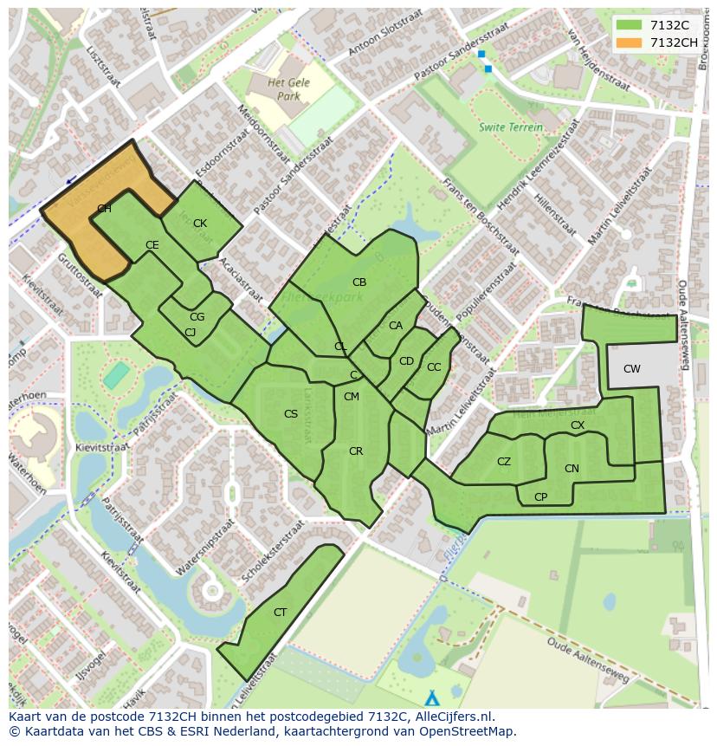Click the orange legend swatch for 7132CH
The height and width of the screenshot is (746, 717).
[x=630, y=42]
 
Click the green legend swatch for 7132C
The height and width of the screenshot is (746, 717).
[x=630, y=25]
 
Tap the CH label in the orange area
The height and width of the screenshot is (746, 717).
[x=104, y=209]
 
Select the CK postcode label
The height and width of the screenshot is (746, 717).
[x=200, y=224]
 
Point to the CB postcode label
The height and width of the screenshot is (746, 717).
[x=359, y=282]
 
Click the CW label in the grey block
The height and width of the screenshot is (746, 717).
[x=632, y=369]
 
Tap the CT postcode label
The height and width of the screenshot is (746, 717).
[x=280, y=613]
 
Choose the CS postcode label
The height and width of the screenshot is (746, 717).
[x=291, y=414]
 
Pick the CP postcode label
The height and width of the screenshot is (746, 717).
[x=540, y=497]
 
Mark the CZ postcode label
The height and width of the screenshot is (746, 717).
[x=504, y=462]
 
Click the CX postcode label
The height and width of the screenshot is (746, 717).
[x=578, y=425]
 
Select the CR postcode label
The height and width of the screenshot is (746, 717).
[x=356, y=451]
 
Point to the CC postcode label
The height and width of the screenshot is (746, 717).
[x=434, y=367]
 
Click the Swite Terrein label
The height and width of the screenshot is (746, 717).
[x=511, y=127]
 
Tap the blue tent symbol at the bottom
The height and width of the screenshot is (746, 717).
[x=432, y=697]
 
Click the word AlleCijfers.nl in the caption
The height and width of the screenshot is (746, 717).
[x=453, y=717]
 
